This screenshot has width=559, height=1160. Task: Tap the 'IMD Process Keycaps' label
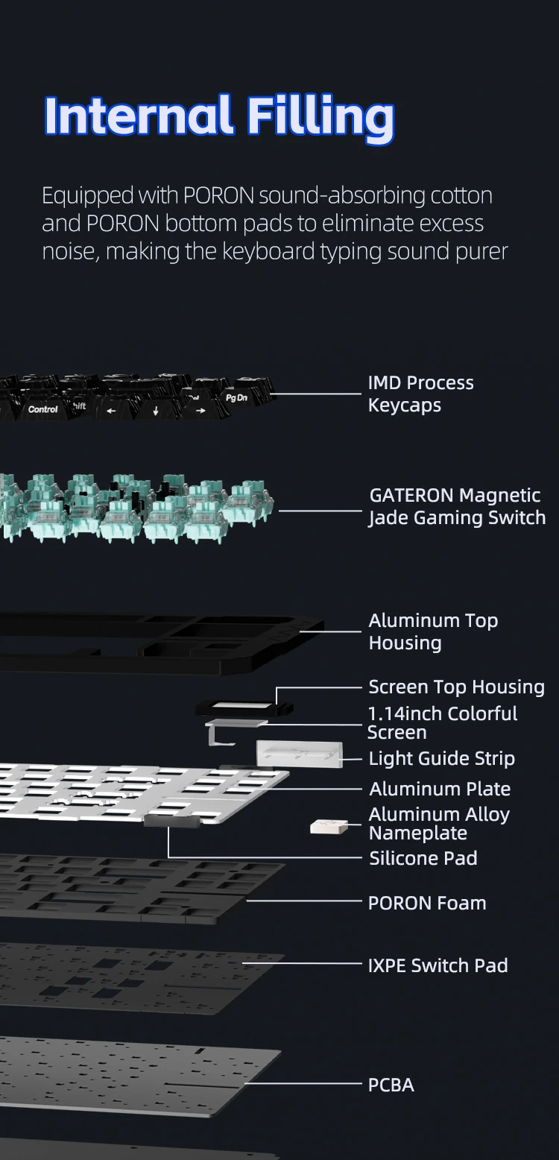click(420, 394)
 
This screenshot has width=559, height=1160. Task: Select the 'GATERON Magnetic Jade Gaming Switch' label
click(456, 506)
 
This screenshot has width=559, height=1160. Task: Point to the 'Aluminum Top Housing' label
click(433, 631)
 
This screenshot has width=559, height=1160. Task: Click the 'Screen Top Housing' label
click(456, 687)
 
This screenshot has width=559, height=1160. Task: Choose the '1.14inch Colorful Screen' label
click(442, 722)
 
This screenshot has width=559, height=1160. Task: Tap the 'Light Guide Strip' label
click(441, 758)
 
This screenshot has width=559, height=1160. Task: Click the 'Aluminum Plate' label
click(440, 789)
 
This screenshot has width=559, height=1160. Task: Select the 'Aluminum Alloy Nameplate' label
click(439, 823)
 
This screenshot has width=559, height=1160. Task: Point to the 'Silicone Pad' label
click(423, 858)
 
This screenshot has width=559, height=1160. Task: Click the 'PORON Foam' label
click(426, 903)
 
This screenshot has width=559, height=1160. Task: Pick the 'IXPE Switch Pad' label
click(438, 965)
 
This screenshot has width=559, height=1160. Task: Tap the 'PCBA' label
click(391, 1085)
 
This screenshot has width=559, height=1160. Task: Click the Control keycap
click(42, 409)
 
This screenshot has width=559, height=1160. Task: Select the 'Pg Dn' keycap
click(236, 397)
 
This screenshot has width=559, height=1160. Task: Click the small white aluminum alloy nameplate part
click(329, 826)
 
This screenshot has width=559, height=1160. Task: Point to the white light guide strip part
click(299, 754)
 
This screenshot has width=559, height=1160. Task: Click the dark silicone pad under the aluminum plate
click(171, 821)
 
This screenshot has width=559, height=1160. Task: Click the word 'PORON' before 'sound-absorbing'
click(220, 196)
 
